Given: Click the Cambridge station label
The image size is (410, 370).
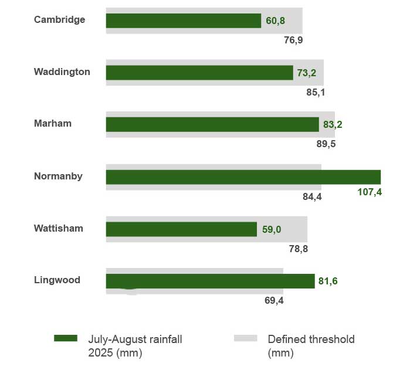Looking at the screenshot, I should click(x=59, y=20).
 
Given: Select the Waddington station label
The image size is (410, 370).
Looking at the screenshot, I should click(x=62, y=72).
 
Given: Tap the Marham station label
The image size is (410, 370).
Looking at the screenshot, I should click(x=53, y=124).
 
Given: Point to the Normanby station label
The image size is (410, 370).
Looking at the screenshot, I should click(x=58, y=176).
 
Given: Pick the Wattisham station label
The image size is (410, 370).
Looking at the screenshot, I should click(x=59, y=228).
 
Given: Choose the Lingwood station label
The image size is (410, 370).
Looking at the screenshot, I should click(x=57, y=280).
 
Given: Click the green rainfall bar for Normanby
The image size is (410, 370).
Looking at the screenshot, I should click(x=243, y=177).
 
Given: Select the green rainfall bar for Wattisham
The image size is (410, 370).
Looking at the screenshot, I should click(x=181, y=229).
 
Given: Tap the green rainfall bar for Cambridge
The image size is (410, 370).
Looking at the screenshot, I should click(x=183, y=21).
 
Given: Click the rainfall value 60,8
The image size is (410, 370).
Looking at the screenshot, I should click(x=276, y=21).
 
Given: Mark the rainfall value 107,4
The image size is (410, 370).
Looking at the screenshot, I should click(x=370, y=192).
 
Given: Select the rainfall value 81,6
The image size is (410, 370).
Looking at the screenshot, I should click(x=328, y=281).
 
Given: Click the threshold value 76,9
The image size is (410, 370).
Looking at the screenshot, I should click(x=293, y=40).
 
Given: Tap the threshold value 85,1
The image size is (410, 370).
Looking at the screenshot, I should click(x=316, y=92).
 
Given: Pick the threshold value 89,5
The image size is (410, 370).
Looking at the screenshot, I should click(x=326, y=144).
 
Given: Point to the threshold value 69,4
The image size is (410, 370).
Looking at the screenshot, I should click(x=274, y=301).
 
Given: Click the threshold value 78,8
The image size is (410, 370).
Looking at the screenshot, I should click(x=298, y=249).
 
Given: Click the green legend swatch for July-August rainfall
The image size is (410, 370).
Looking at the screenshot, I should click(x=65, y=338).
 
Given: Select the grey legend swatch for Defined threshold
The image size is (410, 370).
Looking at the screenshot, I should click(x=245, y=338).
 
